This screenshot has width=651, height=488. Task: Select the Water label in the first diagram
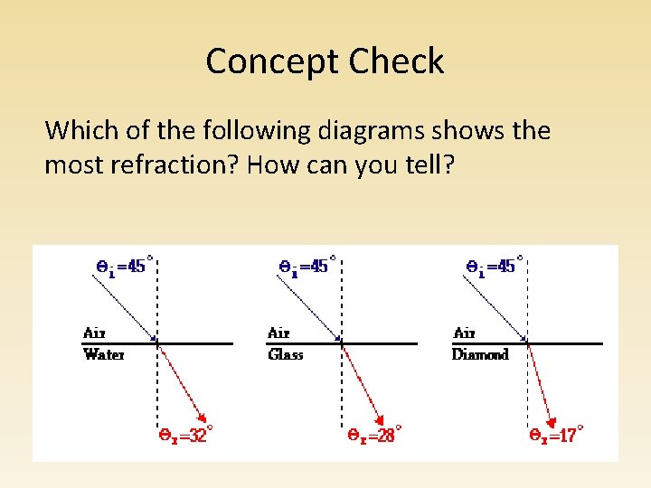[x=104, y=354]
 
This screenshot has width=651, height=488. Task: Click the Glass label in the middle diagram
[x=286, y=354]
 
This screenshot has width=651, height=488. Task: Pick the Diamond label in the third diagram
[x=480, y=354]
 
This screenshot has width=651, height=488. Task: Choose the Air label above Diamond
[x=464, y=333]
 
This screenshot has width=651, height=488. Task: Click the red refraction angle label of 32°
[x=186, y=436]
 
